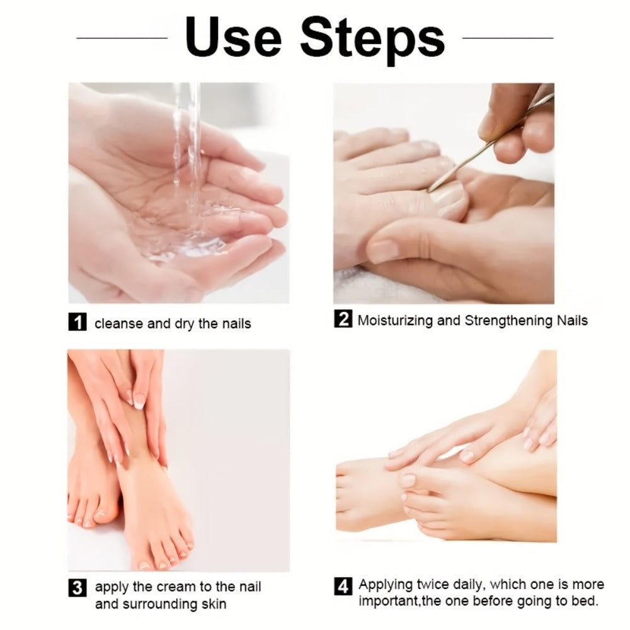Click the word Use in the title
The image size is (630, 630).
[233, 37]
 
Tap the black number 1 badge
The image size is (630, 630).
[77, 322]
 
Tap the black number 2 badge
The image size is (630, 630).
[343, 319]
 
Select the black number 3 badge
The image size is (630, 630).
[77, 588]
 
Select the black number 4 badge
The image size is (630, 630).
[343, 586]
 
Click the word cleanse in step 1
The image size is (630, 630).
[118, 324]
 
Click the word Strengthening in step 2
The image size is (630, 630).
[509, 320]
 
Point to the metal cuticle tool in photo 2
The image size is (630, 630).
[491, 142]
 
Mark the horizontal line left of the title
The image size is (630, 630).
[122, 38]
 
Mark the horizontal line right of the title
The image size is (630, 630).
[508, 38]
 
